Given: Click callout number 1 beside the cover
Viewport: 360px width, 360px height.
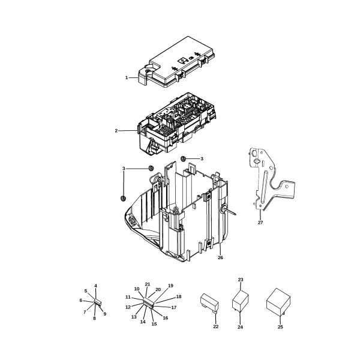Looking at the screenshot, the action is (x=127, y=78).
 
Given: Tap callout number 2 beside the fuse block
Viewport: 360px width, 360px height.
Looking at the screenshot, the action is (x=116, y=131).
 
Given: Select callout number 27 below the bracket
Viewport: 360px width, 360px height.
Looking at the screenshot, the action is (x=260, y=223).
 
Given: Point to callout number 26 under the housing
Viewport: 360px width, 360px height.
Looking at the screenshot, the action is (x=220, y=257).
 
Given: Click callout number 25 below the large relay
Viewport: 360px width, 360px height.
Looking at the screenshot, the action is (x=280, y=327).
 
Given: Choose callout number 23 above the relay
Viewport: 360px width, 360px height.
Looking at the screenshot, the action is (x=241, y=280).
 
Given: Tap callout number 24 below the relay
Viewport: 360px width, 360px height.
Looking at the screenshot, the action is (x=240, y=327).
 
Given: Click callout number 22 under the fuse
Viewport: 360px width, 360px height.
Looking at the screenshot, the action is (x=216, y=326).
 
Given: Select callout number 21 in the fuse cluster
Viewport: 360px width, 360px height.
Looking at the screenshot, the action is (x=148, y=284).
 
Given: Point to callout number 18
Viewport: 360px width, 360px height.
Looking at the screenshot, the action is (x=179, y=296).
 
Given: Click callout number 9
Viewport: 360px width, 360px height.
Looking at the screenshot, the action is (x=105, y=314).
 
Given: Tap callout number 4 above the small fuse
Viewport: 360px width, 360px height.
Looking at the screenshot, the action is (x=96, y=286).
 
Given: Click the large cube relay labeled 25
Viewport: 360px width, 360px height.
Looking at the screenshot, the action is (x=278, y=302).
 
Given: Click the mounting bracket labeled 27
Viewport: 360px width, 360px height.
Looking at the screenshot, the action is (x=271, y=179).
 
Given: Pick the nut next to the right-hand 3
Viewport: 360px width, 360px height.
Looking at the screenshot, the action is (x=183, y=158).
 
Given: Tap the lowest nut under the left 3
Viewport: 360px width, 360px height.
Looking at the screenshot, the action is (x=123, y=198).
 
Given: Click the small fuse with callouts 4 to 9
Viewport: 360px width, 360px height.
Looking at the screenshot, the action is (x=98, y=302).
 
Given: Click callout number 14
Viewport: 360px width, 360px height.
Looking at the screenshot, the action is (x=143, y=322).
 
